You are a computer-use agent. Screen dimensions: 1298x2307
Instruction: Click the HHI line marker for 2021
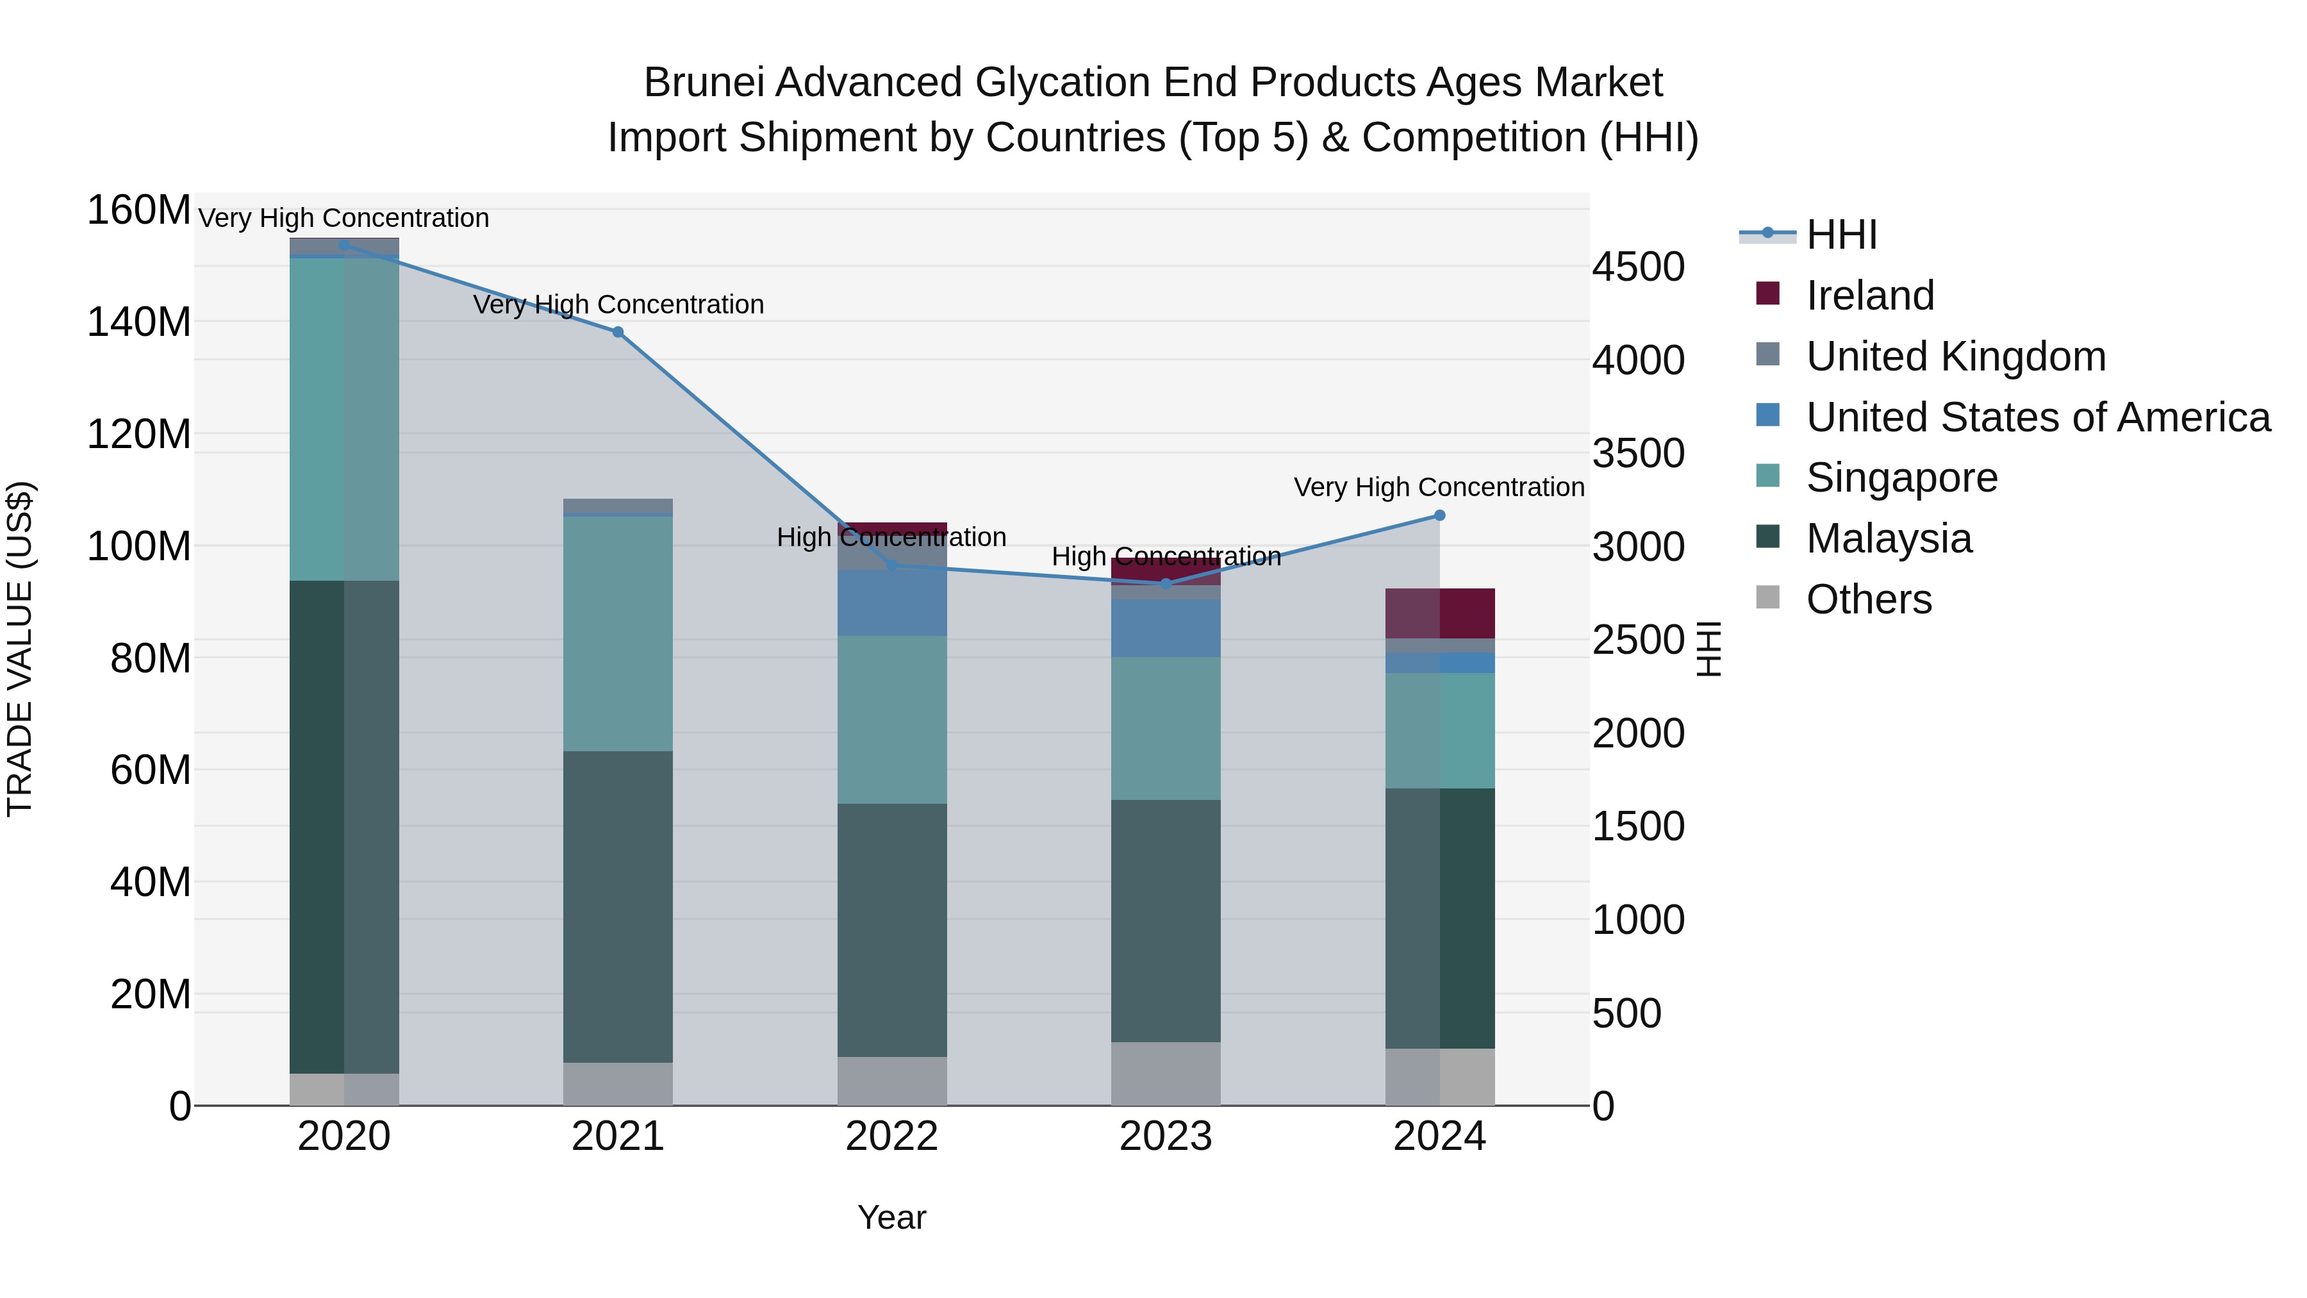tap(617, 332)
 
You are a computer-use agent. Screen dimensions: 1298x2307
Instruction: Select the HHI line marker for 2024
tap(1439, 515)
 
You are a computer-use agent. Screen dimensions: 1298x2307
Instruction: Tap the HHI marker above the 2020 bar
tap(344, 245)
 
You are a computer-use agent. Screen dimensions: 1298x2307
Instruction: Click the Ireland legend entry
tap(1870, 295)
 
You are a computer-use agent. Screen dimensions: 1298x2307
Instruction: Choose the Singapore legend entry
tap(1901, 478)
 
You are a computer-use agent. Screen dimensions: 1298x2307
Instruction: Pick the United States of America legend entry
tap(2037, 417)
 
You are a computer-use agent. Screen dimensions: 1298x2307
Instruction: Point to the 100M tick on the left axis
tap(139, 546)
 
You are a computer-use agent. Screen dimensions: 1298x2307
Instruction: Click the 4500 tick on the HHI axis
tap(1638, 267)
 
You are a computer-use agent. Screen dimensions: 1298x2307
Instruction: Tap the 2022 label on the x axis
tap(891, 1136)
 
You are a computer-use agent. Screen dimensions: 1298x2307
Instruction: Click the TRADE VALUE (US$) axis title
tap(20, 649)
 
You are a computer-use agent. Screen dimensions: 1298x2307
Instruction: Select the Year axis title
tap(891, 1217)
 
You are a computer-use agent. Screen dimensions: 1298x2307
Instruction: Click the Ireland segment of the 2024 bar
tap(1439, 613)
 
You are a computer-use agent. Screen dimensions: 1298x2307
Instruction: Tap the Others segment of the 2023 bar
tap(1165, 1073)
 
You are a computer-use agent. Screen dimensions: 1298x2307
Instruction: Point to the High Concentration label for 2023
tap(1165, 556)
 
